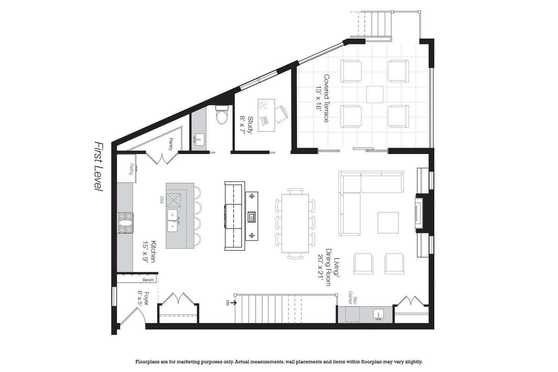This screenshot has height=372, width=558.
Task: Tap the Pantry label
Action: point(170,144)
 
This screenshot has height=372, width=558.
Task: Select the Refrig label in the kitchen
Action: point(131,169)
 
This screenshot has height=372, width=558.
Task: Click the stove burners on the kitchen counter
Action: point(125,223)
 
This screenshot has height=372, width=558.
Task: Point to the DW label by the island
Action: point(161,200)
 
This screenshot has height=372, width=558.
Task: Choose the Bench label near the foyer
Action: point(148,280)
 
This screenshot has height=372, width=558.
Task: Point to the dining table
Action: point(295,223)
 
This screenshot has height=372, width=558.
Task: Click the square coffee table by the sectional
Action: point(388,223)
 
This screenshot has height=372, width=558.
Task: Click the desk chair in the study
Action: point(281,114)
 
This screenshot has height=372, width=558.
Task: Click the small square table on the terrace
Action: point(375,94)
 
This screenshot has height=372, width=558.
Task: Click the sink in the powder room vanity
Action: point(199,139)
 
